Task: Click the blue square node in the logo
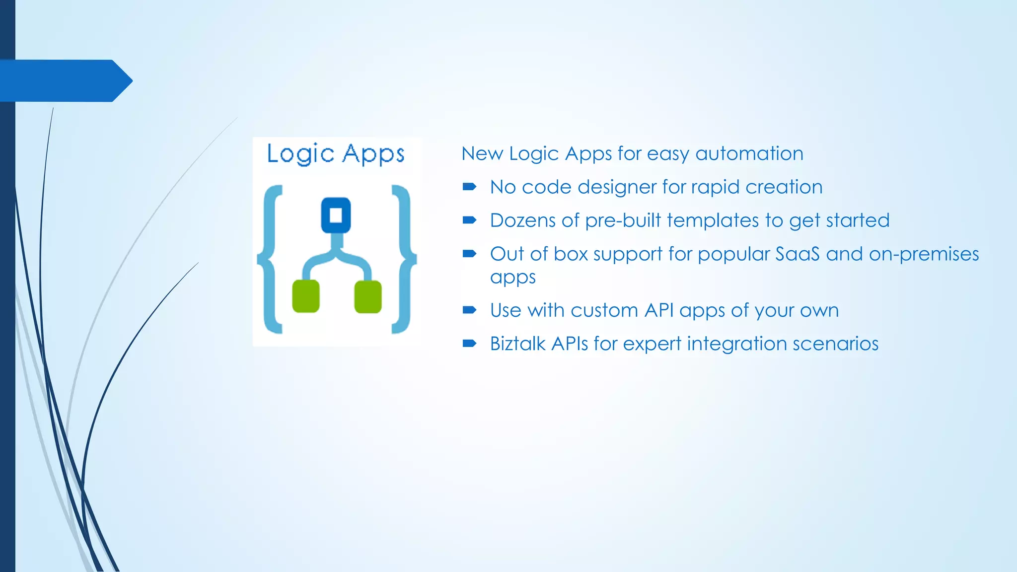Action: [x=336, y=215]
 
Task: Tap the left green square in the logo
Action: [x=305, y=296]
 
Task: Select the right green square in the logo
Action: [x=368, y=297]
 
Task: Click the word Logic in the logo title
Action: [x=300, y=154]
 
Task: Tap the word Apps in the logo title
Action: [x=373, y=154]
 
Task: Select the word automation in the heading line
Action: [x=749, y=154]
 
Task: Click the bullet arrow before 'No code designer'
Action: [x=469, y=187]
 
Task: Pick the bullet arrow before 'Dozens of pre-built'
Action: [x=469, y=220]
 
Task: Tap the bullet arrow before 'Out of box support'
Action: [x=469, y=254]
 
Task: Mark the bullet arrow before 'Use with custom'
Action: [x=469, y=310]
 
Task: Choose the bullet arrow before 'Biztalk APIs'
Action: [x=469, y=343]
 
